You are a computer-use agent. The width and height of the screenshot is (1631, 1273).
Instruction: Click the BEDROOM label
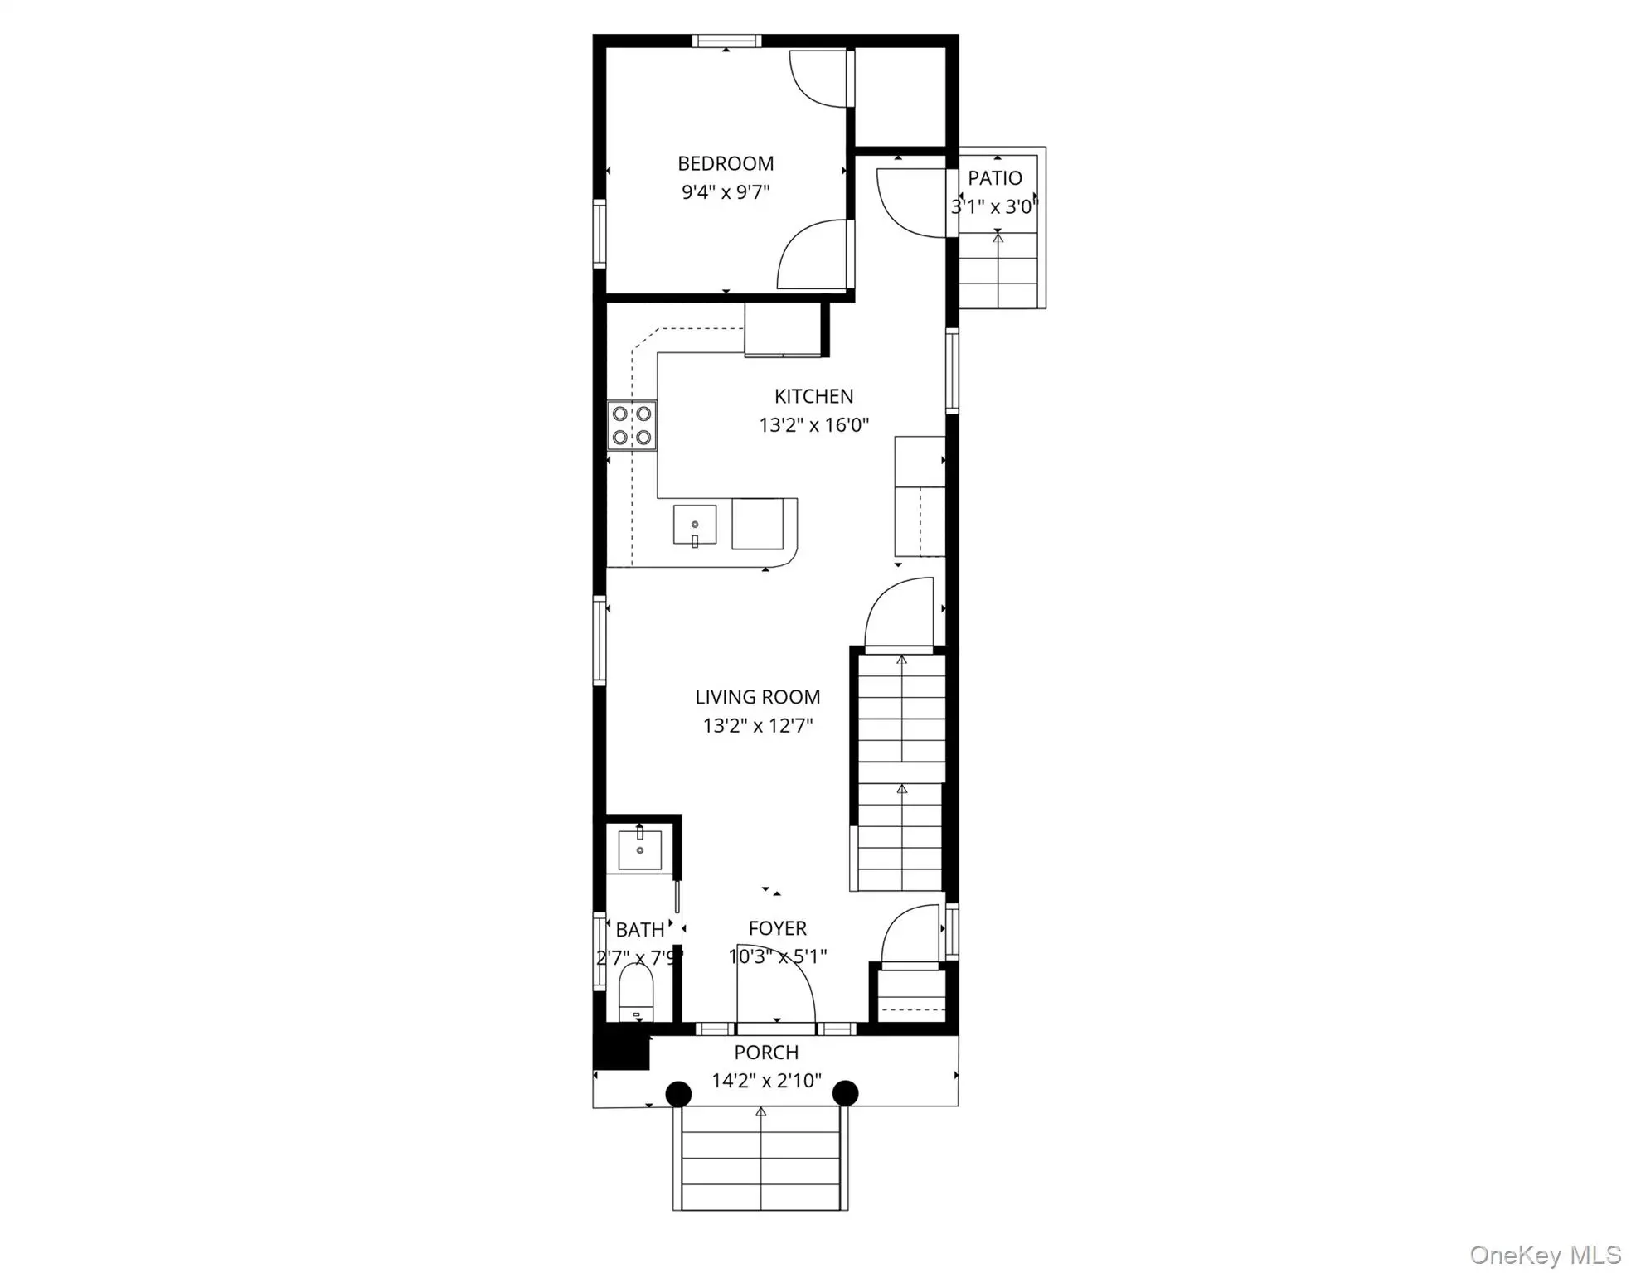(x=726, y=163)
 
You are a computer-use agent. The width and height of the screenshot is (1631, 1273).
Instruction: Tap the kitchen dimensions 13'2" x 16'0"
(x=813, y=425)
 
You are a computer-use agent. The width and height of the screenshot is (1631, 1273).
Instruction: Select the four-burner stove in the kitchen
(x=632, y=425)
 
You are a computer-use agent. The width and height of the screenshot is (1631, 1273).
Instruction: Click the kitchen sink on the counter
(x=694, y=525)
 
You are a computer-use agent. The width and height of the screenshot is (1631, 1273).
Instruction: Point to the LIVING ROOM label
(x=757, y=697)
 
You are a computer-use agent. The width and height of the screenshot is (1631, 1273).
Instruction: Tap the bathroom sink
(x=639, y=849)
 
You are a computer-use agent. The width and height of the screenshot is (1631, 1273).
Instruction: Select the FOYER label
(x=777, y=928)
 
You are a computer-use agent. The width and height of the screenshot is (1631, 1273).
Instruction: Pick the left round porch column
(x=678, y=1093)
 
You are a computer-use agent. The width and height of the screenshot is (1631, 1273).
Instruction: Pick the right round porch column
(x=845, y=1093)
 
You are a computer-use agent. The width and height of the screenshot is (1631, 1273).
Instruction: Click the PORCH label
(x=766, y=1053)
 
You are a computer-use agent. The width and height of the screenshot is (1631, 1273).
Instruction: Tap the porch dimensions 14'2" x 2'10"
(x=766, y=1081)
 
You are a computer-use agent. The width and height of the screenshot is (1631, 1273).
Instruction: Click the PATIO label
(x=995, y=178)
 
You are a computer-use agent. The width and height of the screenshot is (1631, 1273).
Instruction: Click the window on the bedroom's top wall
(x=726, y=41)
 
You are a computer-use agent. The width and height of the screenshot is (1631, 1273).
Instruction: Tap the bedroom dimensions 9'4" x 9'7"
(x=726, y=192)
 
